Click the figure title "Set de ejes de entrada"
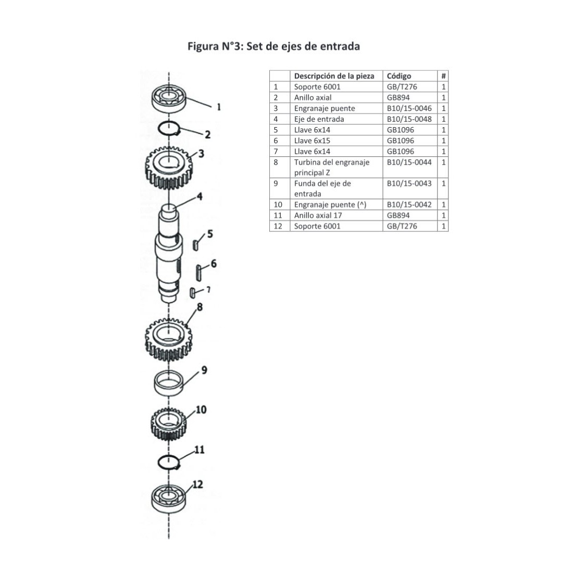(273, 46)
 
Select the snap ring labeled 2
(169, 128)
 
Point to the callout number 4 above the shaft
(200, 197)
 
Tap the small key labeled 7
(193, 293)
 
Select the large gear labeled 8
(168, 337)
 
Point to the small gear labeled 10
(168, 423)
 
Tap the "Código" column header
(399, 76)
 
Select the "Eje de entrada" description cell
(319, 119)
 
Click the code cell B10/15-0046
(409, 108)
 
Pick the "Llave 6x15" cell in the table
(312, 141)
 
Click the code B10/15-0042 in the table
(409, 205)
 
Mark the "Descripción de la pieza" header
(334, 76)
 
